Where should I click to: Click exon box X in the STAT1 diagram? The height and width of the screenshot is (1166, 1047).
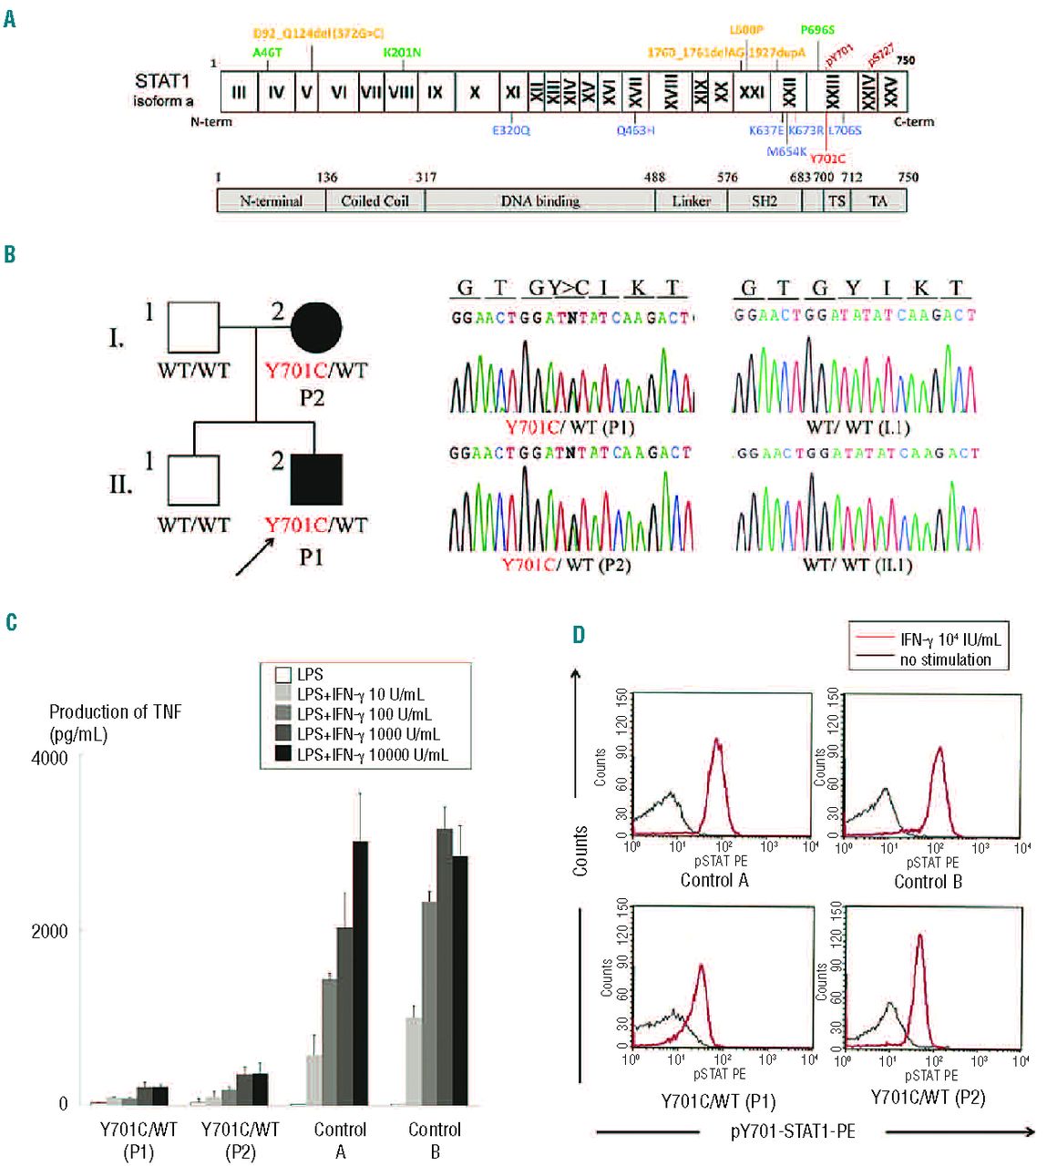(475, 92)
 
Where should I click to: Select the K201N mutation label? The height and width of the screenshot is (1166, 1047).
(402, 53)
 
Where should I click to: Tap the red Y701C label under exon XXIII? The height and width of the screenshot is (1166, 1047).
(827, 159)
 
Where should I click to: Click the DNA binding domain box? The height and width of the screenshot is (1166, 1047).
(540, 200)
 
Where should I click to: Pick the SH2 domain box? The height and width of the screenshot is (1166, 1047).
(764, 200)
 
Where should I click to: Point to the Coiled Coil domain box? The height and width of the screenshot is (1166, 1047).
(375, 200)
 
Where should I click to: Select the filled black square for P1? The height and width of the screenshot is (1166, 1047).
(315, 479)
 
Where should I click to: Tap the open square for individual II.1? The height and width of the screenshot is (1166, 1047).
(193, 479)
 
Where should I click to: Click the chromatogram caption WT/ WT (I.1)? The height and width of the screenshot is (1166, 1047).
(857, 427)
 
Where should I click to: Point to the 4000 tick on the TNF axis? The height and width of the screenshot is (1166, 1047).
(51, 758)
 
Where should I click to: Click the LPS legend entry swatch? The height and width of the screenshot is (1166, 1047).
(283, 675)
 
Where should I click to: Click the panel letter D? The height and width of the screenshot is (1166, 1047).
(579, 634)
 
